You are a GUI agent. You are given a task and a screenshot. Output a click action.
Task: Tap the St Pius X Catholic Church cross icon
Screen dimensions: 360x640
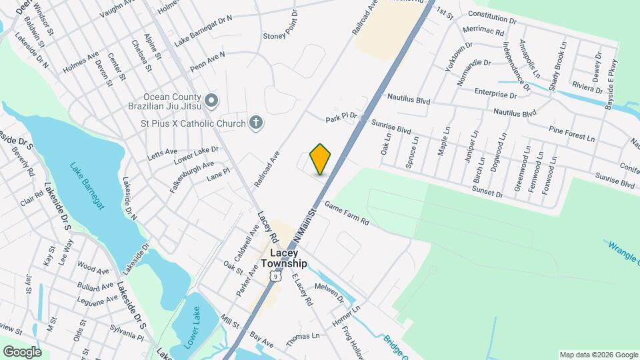pos(255,122)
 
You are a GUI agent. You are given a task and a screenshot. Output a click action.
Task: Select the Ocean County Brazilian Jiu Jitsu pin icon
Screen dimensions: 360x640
pos(211,101)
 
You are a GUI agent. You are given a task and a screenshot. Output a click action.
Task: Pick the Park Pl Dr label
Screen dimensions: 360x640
pos(341,118)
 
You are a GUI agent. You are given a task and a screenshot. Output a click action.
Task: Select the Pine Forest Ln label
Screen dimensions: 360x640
pos(571,133)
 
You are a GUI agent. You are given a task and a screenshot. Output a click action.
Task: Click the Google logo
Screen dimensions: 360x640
pos(21,351)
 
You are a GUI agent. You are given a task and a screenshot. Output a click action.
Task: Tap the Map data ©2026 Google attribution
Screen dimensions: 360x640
pos(598,355)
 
